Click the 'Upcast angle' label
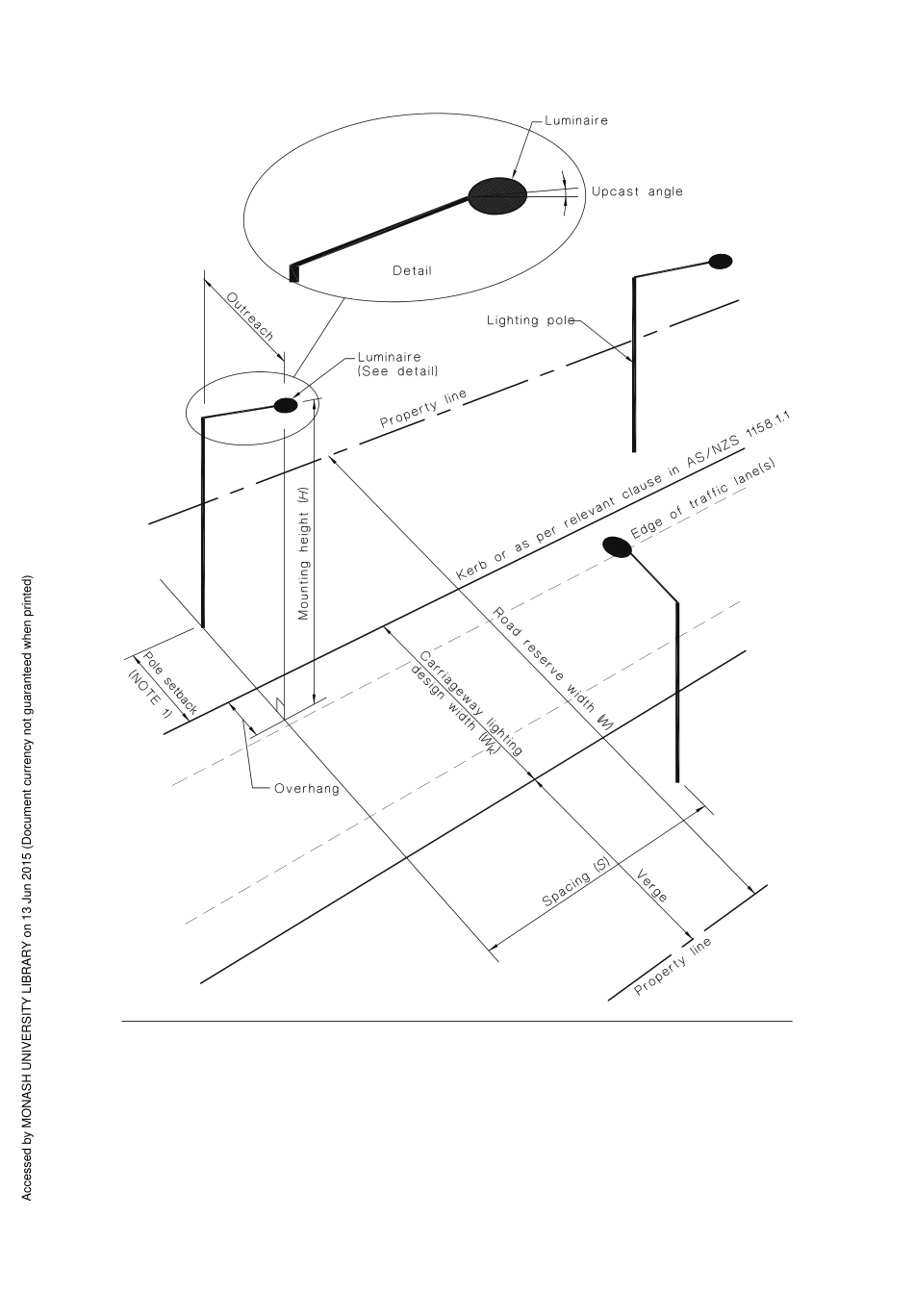pyautogui.click(x=637, y=191)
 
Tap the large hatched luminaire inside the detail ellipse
pyautogui.click(x=497, y=195)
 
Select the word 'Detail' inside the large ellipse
pyautogui.click(x=412, y=270)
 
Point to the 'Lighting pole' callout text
pyautogui.click(x=530, y=320)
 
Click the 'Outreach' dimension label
pyautogui.click(x=250, y=317)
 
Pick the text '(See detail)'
pyautogui.click(x=397, y=370)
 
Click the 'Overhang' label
pyautogui.click(x=307, y=789)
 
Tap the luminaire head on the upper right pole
pyautogui.click(x=720, y=261)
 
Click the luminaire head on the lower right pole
pyautogui.click(x=617, y=547)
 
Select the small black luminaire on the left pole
pyautogui.click(x=286, y=405)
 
